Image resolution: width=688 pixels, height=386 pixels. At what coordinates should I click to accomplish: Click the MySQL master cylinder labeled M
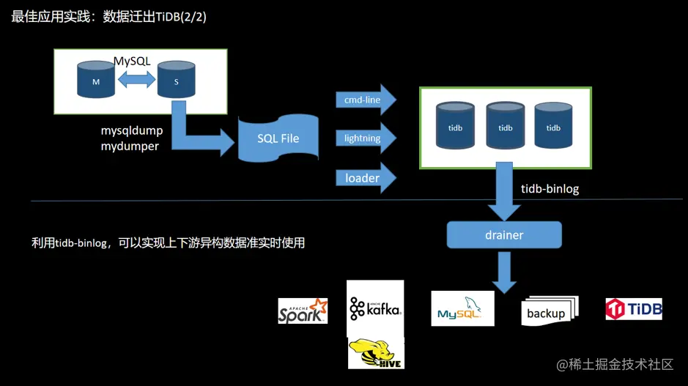click(x=96, y=81)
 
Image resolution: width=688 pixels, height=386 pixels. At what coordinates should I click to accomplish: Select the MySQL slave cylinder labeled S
click(x=177, y=81)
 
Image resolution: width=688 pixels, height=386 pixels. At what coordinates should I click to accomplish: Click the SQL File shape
click(x=278, y=138)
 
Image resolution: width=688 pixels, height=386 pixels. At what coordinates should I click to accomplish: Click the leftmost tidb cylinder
click(x=456, y=126)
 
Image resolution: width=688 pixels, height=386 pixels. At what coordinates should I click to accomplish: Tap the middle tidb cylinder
click(x=506, y=126)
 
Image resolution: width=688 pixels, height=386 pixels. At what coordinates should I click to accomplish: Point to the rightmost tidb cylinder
click(x=553, y=126)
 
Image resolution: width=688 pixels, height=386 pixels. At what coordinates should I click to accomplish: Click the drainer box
click(x=504, y=235)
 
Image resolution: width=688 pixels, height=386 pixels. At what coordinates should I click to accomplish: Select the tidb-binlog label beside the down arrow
click(x=550, y=189)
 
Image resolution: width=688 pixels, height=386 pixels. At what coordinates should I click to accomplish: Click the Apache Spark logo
click(x=303, y=311)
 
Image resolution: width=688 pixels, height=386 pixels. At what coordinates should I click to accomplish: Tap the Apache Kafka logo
click(x=375, y=308)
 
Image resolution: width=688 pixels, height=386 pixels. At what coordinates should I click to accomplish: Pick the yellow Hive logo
click(x=375, y=352)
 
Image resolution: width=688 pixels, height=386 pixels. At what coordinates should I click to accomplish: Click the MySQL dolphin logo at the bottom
click(x=462, y=308)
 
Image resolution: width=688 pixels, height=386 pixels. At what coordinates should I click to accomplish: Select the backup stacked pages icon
click(x=550, y=311)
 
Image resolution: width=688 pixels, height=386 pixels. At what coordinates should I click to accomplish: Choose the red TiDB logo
click(x=634, y=309)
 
